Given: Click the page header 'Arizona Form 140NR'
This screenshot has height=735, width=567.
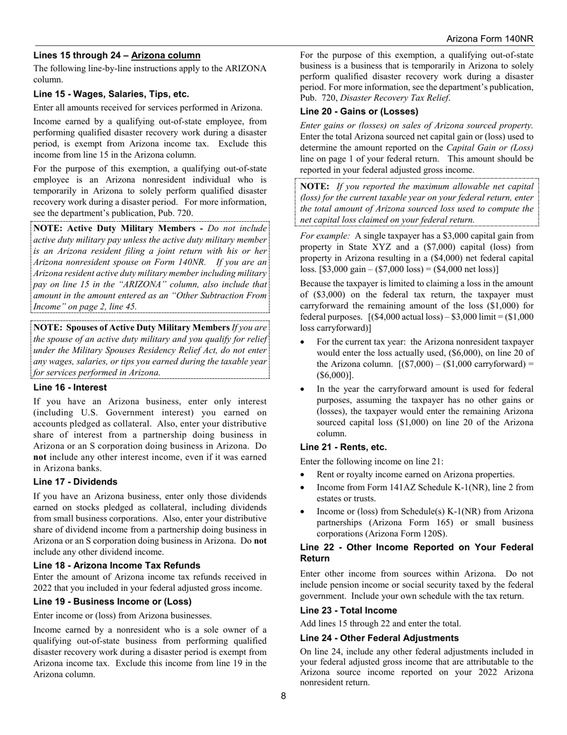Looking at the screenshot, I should tap(489, 39).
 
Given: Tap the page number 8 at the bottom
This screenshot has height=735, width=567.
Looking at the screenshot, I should tap(283, 696).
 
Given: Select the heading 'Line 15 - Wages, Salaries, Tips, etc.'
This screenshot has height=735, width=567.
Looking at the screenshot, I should tap(111, 94).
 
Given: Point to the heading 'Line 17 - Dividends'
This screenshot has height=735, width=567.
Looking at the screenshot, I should tap(75, 482).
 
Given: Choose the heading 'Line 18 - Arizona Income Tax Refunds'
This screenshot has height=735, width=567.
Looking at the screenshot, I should tap(116, 565).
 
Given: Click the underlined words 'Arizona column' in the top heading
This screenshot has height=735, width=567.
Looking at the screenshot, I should tap(166, 56).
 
